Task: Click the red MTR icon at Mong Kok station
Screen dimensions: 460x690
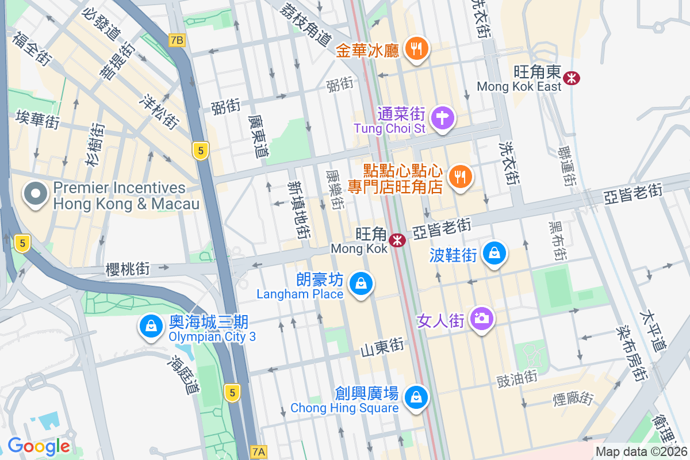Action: pos(397,240)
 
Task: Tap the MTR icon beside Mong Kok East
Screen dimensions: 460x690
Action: pos(572,78)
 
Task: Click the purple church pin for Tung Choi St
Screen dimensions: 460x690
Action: pos(443,119)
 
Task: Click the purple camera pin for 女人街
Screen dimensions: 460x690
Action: pos(482,319)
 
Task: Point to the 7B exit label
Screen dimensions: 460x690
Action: pos(178,40)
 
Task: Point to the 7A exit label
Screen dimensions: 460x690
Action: pos(259,451)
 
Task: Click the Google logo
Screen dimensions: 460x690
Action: pos(39,446)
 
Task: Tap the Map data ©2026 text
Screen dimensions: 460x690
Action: pos(641,452)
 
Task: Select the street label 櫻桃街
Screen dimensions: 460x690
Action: pos(128,269)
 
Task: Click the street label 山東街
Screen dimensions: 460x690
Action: pos(382,347)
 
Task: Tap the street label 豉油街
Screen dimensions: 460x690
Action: pos(517,377)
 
